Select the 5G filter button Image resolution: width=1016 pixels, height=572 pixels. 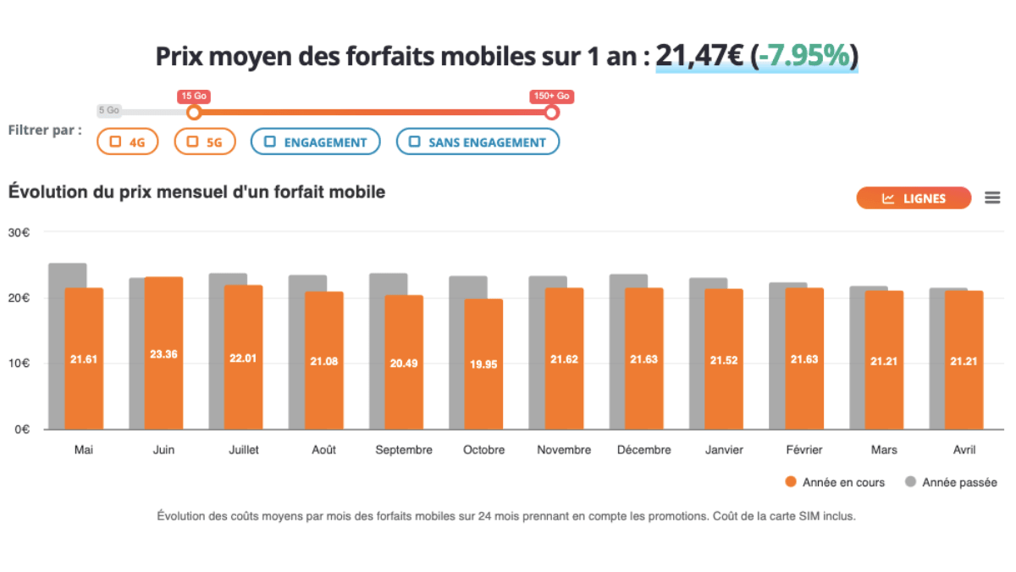click(204, 142)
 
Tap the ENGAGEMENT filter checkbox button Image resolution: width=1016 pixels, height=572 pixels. click(314, 142)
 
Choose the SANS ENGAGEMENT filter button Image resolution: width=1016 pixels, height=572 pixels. click(478, 142)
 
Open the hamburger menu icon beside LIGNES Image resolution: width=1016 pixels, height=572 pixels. click(992, 198)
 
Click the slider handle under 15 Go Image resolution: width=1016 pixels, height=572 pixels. click(194, 113)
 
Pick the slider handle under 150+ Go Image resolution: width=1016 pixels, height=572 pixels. click(552, 113)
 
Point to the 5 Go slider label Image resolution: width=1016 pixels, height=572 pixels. click(108, 110)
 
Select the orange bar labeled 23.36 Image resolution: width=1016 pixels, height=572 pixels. click(163, 353)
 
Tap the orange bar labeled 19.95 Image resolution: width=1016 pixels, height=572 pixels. click(483, 364)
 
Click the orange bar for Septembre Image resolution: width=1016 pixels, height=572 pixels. click(404, 362)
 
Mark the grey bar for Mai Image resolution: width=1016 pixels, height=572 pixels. click(56, 339)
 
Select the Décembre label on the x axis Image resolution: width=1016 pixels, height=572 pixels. click(643, 450)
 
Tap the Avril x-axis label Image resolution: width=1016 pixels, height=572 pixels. click(964, 450)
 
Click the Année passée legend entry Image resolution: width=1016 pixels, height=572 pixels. click(951, 482)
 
